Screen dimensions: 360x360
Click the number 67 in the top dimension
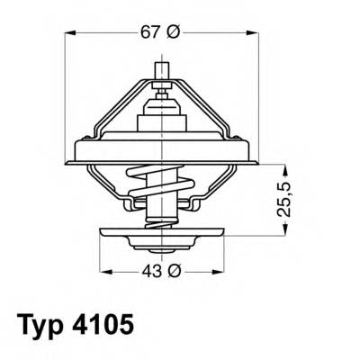[150, 33]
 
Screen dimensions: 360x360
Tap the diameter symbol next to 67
[174, 33]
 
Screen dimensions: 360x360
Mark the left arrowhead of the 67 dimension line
[72, 33]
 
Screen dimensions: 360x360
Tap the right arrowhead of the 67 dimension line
[250, 33]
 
